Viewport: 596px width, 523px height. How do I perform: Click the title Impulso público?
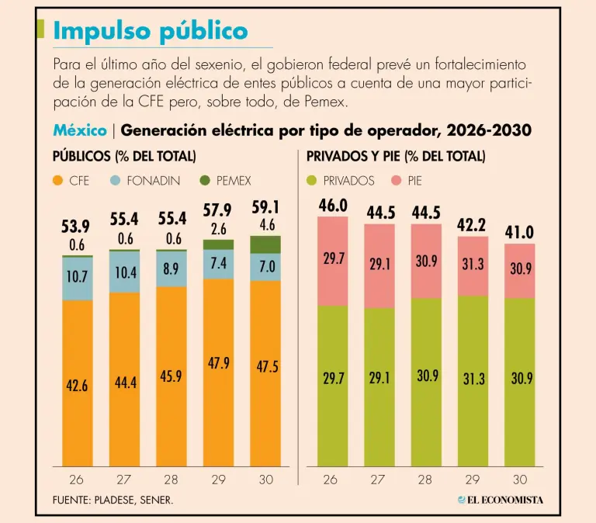pos(151,31)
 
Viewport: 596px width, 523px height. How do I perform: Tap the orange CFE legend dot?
pos(58,181)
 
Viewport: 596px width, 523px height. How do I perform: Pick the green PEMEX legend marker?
pos(205,181)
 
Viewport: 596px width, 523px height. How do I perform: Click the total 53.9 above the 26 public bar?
pos(76,226)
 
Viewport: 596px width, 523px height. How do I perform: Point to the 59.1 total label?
pos(266,208)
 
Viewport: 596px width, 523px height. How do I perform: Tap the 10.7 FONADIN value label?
pos(76,276)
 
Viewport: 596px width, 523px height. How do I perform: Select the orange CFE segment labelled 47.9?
pos(217,362)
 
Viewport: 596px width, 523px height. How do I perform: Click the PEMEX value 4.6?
pos(266,226)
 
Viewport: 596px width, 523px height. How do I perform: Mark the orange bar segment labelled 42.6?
pos(76,386)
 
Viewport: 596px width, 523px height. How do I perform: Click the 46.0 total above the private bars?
pos(333,206)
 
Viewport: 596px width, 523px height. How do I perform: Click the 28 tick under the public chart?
pos(171,480)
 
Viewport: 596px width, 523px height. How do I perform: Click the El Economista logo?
pos(500,500)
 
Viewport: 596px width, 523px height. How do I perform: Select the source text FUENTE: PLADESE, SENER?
pos(113,500)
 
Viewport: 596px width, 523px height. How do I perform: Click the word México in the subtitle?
pos(80,130)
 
